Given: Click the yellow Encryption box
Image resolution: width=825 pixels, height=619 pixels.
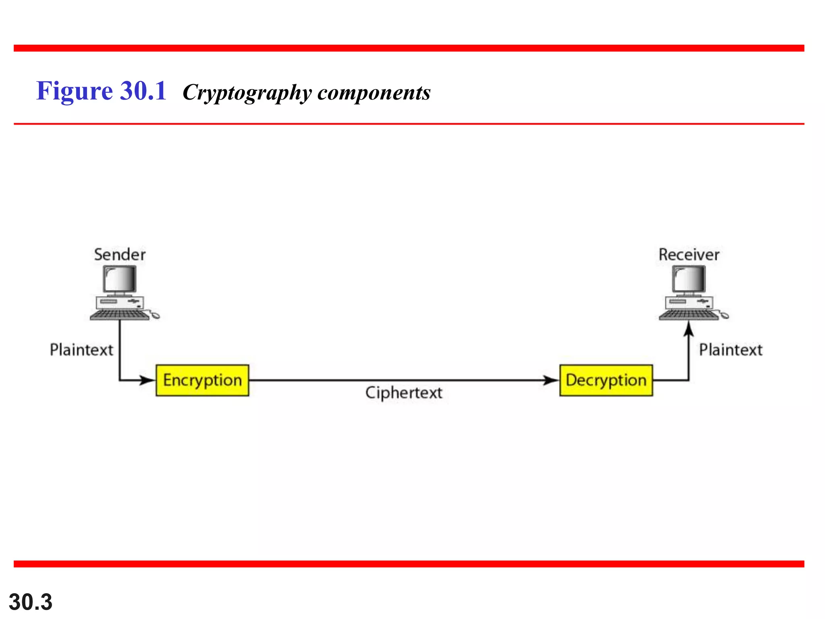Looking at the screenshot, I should tap(202, 380).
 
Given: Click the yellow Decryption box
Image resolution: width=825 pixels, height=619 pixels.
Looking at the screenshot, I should tap(606, 380).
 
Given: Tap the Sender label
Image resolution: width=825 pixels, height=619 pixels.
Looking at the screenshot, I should tap(120, 255).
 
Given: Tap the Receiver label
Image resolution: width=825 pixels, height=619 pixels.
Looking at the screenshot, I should tap(689, 255).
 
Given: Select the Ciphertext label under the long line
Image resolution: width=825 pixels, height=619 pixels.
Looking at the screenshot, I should tap(404, 393).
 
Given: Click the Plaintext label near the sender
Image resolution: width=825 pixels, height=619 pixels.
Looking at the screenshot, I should tap(81, 349).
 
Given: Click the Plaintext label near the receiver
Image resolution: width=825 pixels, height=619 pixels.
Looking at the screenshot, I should tap(731, 349).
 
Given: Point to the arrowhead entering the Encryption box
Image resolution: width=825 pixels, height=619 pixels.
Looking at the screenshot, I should tap(147, 380).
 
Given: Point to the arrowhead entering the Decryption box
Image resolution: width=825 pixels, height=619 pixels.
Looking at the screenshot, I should tap(550, 380).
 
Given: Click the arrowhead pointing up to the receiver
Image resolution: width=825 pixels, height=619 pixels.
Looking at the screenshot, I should tap(689, 328).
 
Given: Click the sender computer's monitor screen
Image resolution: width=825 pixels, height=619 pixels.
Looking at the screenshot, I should tap(120, 279).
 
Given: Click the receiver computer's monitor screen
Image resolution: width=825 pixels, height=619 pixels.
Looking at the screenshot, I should tap(689, 279).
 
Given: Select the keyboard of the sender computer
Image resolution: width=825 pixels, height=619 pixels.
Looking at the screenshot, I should tap(119, 315).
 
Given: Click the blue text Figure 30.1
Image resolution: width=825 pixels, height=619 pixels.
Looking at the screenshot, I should tap(101, 91).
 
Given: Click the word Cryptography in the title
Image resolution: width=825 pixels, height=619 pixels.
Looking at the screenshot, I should tap(247, 93).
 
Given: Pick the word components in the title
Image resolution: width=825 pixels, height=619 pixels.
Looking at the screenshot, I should tap(374, 93).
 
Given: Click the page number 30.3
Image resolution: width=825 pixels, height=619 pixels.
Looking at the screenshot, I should tap(31, 602).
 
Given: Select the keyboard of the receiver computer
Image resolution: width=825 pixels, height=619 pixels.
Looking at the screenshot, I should tap(688, 315).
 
